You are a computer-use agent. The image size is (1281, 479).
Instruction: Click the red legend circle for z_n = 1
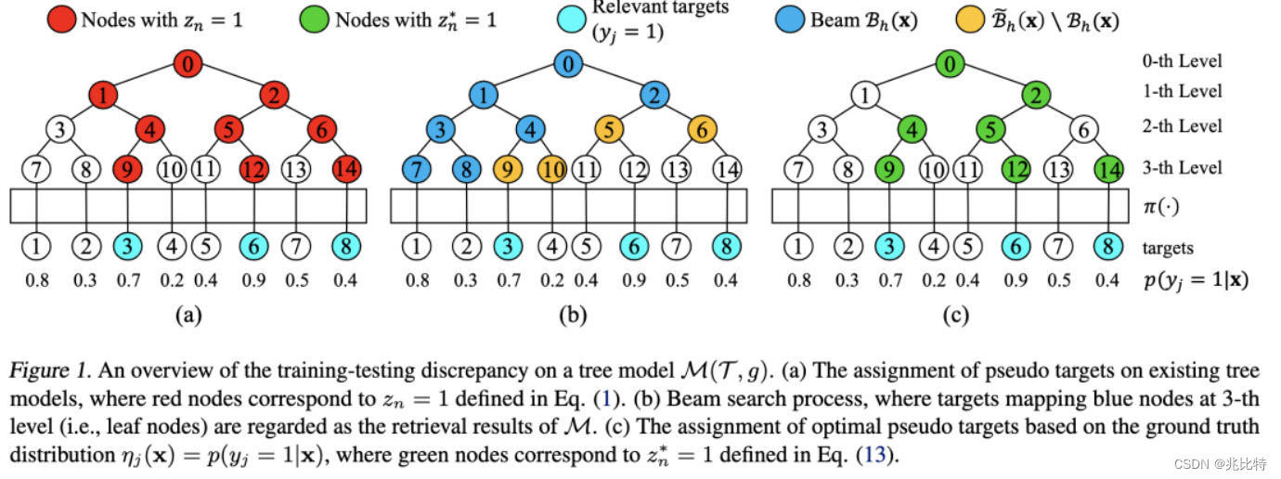63,19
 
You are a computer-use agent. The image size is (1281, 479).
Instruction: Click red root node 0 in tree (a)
188,65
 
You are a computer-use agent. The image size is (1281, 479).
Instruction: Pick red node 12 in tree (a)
253,169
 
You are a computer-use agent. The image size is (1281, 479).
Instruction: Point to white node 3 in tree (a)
60,129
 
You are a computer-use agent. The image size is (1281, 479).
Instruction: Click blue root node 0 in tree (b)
568,65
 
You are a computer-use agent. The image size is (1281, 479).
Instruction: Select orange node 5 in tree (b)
609,129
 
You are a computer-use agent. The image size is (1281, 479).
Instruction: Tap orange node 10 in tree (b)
551,169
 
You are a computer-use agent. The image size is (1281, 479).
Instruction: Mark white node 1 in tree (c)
865,95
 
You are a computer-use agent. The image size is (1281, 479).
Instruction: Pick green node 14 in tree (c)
1107,169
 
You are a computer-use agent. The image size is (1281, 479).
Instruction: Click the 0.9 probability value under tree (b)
634,279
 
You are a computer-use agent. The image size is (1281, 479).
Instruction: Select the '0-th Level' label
1182,61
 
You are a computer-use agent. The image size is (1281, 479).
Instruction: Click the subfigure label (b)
571,316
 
